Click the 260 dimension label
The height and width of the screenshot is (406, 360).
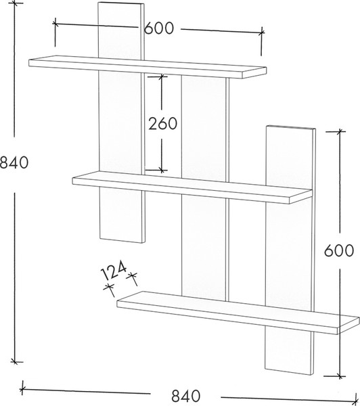coord(163,124)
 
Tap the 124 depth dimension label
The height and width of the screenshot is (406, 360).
coord(113,271)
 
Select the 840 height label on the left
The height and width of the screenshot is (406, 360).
coord(14,163)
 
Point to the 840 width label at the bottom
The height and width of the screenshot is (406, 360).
coord(185,396)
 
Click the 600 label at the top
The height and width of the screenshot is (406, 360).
coord(158,28)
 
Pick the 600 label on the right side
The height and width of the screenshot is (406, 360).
coord(339,250)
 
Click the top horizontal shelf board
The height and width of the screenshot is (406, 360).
coord(148,67)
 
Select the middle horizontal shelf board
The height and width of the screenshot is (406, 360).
coord(192,187)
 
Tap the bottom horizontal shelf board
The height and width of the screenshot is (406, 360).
coord(238,313)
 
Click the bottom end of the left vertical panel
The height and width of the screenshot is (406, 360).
coord(122,240)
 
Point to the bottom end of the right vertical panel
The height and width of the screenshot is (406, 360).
coord(290,371)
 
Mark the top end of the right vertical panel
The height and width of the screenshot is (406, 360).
coord(291,127)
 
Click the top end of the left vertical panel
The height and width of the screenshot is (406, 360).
coord(121,3)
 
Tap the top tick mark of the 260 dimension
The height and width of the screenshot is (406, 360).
coord(162,76)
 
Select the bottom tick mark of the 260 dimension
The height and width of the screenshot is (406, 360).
coord(162,170)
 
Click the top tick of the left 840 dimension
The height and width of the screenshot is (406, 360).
coord(14,3)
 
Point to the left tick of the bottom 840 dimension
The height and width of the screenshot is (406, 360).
coord(23,389)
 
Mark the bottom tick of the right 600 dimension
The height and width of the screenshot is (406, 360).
coord(340,376)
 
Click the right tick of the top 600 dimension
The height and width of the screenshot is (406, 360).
coord(262,33)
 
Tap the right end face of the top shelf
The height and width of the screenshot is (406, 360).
coord(254,73)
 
